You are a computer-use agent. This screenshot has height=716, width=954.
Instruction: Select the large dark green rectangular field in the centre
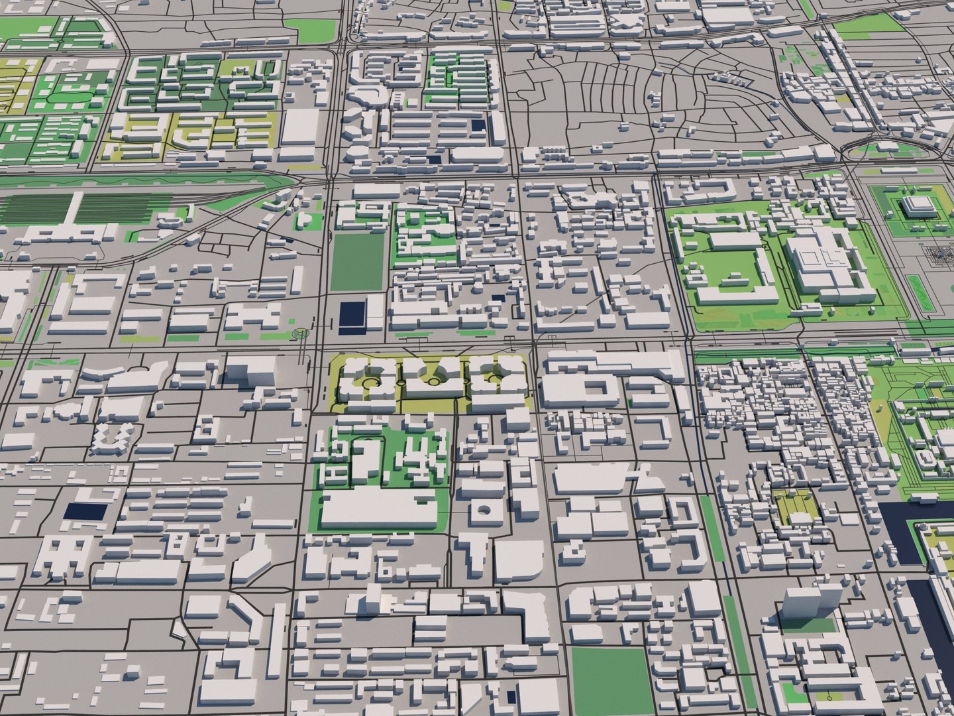(358, 263)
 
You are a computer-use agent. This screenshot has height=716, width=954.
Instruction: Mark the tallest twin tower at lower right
(796, 601)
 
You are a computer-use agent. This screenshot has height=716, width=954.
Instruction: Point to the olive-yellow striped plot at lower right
(795, 507)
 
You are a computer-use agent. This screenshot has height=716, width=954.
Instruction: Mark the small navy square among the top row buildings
(477, 126)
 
